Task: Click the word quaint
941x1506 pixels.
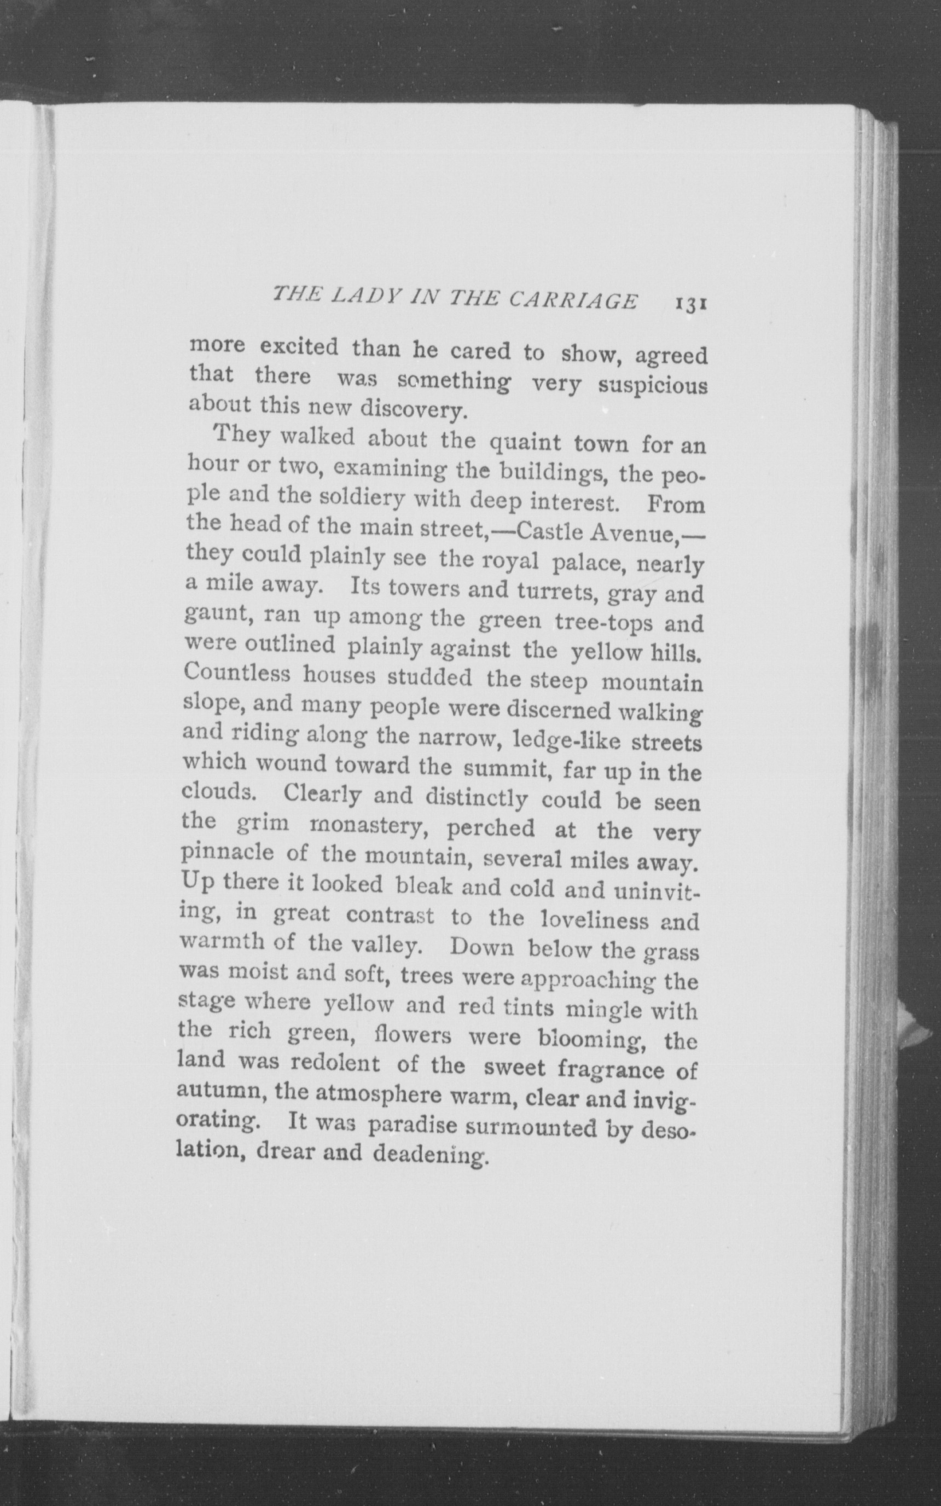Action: tap(525, 444)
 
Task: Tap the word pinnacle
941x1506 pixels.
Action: tap(227, 852)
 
